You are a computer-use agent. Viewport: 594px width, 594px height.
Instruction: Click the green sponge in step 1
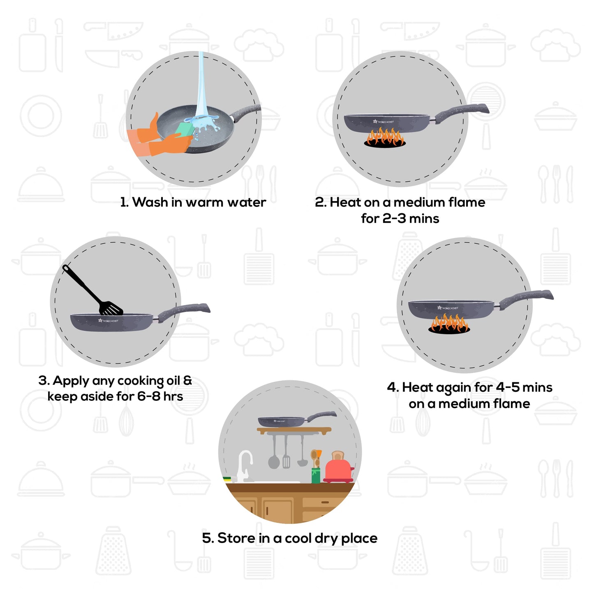[x=184, y=129]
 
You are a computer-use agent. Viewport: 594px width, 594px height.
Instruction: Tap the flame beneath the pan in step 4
[x=449, y=324]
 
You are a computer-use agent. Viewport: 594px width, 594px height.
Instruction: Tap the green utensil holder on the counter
[x=316, y=475]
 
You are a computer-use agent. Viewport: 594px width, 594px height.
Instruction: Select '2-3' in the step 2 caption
[x=394, y=219]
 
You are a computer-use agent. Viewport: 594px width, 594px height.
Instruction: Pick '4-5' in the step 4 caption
[x=507, y=387]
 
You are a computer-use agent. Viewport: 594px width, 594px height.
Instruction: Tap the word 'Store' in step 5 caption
[x=236, y=538]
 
